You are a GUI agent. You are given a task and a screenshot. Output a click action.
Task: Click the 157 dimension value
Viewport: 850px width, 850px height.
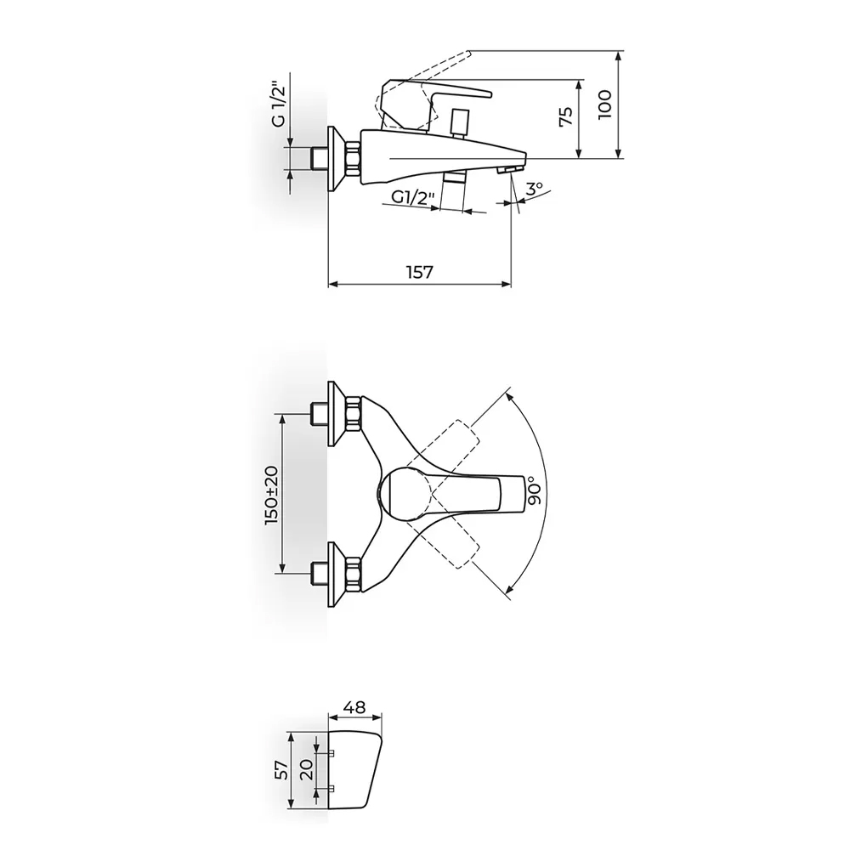(420, 271)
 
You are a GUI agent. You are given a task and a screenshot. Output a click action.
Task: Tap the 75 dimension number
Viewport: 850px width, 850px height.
(565, 116)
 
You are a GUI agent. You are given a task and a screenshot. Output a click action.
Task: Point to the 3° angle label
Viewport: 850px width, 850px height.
(534, 190)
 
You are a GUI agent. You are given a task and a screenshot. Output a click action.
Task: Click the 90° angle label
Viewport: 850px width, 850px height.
(534, 490)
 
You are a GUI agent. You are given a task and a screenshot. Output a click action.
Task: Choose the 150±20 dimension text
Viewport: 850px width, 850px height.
(272, 495)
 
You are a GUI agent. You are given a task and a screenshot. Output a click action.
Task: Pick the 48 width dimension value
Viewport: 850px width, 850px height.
(355, 707)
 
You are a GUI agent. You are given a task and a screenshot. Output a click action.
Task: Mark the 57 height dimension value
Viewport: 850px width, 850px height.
(280, 770)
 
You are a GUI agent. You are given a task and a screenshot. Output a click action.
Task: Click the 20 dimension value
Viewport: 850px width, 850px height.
(306, 769)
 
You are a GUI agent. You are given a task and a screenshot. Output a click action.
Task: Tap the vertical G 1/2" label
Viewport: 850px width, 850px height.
(278, 105)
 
